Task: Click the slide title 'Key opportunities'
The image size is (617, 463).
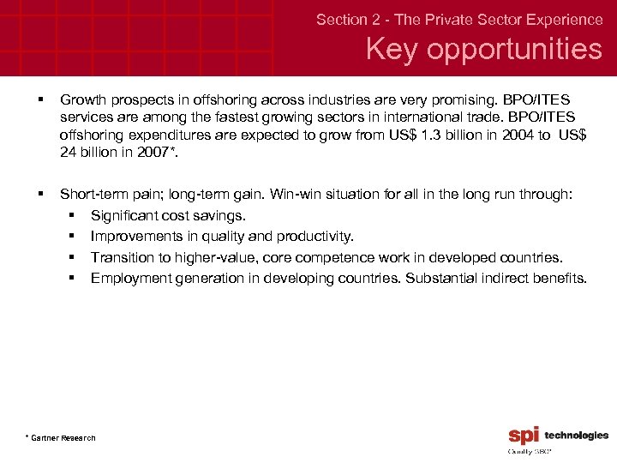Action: pos(484,49)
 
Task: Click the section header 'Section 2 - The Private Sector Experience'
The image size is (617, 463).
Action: pos(459,19)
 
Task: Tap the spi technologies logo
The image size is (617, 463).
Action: pos(558,436)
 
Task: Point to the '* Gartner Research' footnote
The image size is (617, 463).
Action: pos(61,438)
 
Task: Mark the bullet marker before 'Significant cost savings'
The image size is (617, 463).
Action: pos(75,216)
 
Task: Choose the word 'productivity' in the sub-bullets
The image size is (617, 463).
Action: pos(317,237)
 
